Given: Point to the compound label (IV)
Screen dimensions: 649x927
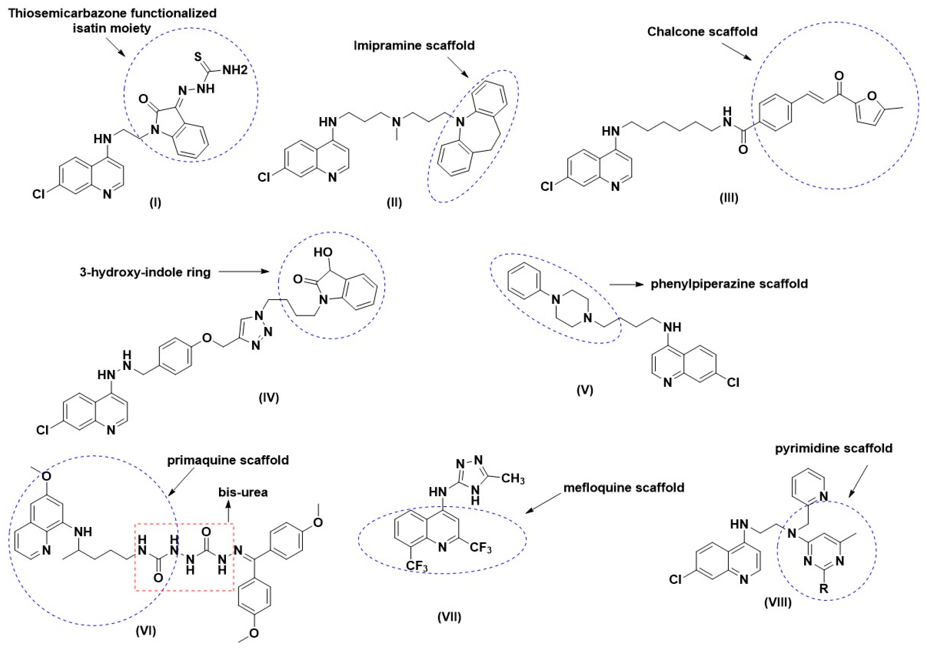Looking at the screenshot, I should click(269, 398).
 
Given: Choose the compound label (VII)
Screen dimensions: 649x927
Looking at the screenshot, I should click(449, 617).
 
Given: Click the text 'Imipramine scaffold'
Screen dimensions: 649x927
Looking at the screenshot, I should click(414, 46).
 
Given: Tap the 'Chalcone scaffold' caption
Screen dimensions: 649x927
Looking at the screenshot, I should click(702, 31).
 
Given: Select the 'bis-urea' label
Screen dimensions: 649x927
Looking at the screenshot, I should click(243, 492).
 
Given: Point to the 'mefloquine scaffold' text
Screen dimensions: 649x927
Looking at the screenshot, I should click(624, 488).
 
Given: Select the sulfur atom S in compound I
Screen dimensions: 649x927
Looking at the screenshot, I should click(198, 56).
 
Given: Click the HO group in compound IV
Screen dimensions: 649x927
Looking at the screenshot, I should click(323, 252).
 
